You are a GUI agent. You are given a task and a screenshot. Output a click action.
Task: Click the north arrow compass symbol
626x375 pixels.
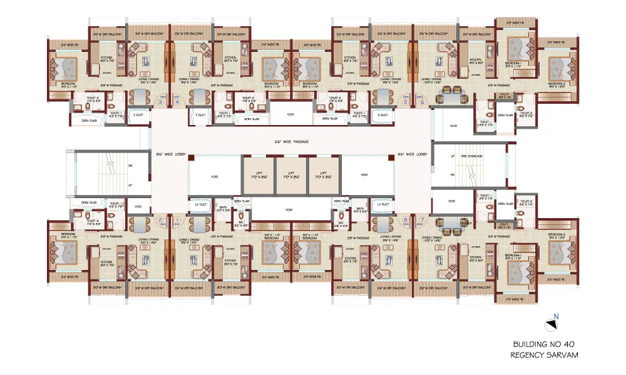(x=552, y=323)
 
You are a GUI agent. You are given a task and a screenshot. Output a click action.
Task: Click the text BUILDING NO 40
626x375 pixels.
(x=543, y=344)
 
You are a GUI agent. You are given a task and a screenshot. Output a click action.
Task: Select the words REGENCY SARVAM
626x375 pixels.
(x=543, y=355)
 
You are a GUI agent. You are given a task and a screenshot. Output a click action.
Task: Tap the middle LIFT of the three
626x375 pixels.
(x=291, y=175)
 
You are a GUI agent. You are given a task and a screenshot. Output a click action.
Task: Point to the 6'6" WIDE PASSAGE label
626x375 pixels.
(x=292, y=142)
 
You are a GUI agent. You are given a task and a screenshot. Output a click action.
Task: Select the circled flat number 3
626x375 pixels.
(x=160, y=102)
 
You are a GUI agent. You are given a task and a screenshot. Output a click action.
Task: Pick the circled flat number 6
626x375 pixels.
(x=423, y=102)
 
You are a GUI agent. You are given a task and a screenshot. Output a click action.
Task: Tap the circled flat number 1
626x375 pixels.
(x=177, y=219)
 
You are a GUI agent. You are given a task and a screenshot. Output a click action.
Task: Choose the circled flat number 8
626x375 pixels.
(x=406, y=219)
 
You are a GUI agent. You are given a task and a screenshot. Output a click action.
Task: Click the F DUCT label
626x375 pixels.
(x=200, y=116)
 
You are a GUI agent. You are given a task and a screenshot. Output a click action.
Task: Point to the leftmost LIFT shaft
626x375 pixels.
(x=259, y=175)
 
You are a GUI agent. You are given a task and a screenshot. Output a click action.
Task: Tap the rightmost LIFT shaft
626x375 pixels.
(x=324, y=175)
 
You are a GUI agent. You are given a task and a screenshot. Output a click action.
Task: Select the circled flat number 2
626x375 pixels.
(x=160, y=219)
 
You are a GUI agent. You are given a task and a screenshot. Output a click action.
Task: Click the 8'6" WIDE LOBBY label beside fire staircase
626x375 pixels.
(x=411, y=153)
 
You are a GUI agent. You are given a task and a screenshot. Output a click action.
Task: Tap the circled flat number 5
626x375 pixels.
(x=406, y=102)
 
